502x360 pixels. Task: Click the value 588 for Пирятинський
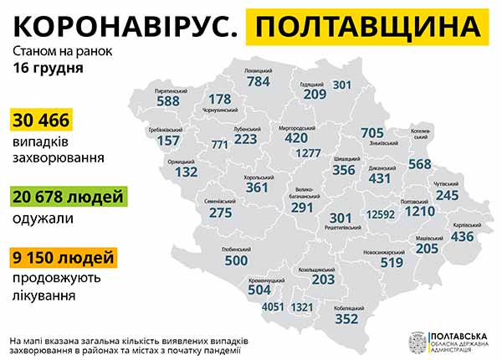coord(168,101)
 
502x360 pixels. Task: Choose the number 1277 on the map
coord(309,153)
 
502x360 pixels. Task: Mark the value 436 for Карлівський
coord(462,237)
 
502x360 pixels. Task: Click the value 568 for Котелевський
coord(420,163)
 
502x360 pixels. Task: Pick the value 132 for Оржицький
coord(187,172)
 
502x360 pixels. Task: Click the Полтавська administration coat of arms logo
coord(415,341)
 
